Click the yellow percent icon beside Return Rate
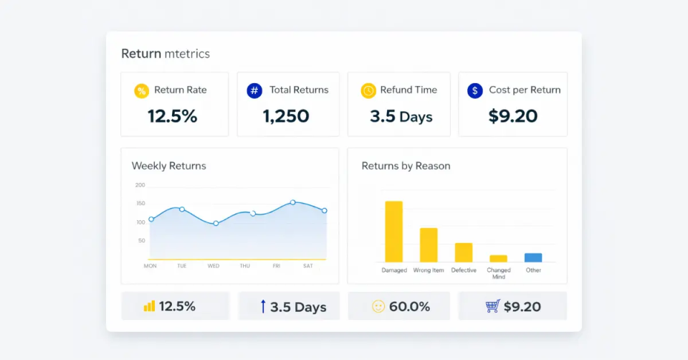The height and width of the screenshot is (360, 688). click(x=142, y=91)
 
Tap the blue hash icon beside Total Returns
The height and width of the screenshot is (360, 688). click(x=254, y=91)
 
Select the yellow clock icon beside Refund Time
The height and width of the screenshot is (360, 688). click(x=368, y=91)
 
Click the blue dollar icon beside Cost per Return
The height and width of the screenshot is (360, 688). click(x=474, y=91)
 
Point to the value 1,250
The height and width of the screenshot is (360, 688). click(x=286, y=116)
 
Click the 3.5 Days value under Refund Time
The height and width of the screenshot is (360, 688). click(x=401, y=116)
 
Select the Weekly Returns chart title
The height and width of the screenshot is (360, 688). click(x=168, y=166)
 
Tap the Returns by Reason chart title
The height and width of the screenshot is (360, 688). click(x=406, y=166)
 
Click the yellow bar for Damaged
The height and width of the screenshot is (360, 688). click(x=393, y=232)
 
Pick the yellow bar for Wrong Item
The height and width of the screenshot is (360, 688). click(x=429, y=245)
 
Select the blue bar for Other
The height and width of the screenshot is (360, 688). click(x=533, y=257)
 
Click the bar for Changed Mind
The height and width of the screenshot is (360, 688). click(x=498, y=258)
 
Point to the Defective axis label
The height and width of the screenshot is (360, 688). click(x=464, y=270)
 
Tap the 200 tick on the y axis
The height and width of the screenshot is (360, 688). click(x=140, y=185)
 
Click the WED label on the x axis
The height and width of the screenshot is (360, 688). click(x=214, y=266)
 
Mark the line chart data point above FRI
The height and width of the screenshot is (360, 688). click(x=292, y=202)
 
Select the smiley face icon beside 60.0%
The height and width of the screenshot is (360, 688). click(x=378, y=306)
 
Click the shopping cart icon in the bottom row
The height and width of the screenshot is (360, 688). click(x=492, y=306)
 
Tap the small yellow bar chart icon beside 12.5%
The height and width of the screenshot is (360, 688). click(x=149, y=306)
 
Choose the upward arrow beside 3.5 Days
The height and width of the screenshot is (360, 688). click(x=263, y=306)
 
